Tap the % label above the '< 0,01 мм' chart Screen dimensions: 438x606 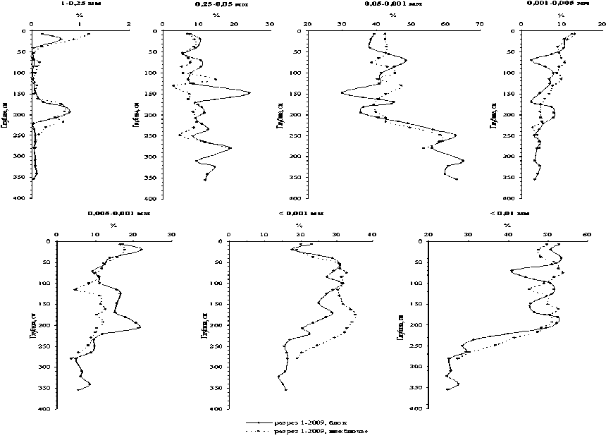coord(507,225)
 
